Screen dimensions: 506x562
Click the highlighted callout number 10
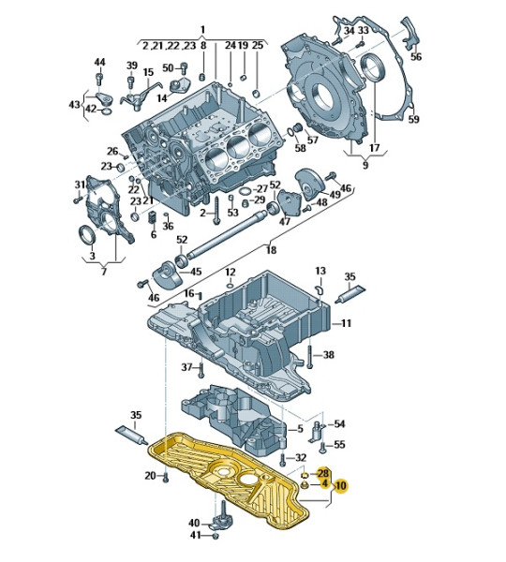(x=340, y=485)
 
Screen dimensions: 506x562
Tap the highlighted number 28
(x=322, y=473)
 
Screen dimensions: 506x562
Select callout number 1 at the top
(x=202, y=29)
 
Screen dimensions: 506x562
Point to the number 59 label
(x=414, y=119)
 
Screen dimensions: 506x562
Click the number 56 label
(x=416, y=56)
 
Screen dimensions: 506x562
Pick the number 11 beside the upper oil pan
(x=346, y=323)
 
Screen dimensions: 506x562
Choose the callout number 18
(x=271, y=249)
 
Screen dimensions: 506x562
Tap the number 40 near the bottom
(x=194, y=523)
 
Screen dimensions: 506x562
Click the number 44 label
(x=99, y=62)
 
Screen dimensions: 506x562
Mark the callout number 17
(x=374, y=148)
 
